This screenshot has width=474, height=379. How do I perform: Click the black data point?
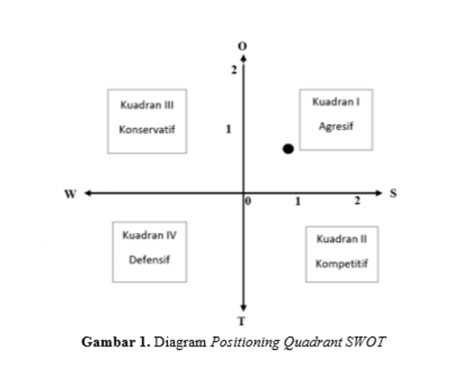pos(288,149)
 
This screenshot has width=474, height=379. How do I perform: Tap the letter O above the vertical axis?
pos(243,45)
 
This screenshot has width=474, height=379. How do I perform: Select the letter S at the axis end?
pos(393,192)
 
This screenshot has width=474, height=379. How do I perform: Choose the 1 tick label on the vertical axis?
pos(228,129)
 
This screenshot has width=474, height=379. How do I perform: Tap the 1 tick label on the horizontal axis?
pos(298,201)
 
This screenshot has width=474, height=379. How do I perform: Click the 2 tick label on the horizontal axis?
pos(357,201)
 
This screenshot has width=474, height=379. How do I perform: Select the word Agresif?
pos(336,127)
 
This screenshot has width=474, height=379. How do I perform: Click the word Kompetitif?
pos(341,263)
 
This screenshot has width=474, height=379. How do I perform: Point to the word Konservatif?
pos(147,128)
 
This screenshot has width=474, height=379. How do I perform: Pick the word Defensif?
pos(150,258)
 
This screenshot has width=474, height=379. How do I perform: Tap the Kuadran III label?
pos(147,104)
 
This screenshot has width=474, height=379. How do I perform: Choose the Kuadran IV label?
pos(150,234)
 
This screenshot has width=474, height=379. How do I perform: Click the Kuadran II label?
pos(341,239)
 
